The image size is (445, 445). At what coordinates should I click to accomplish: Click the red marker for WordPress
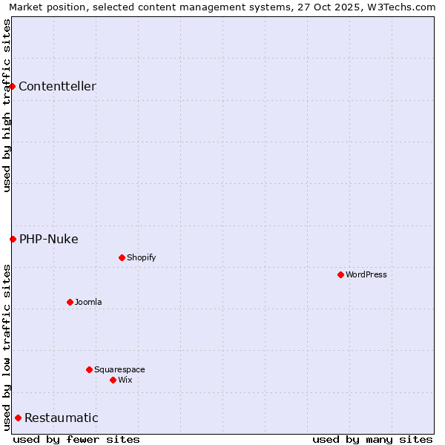tap(340, 274)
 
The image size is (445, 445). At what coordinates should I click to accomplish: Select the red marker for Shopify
tap(122, 257)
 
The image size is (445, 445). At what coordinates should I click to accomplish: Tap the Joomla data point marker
tap(70, 302)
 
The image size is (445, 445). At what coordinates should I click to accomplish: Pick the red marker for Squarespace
tap(89, 369)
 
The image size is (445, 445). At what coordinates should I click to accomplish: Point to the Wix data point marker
tap(113, 380)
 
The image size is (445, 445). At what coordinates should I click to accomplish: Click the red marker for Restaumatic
tap(18, 418)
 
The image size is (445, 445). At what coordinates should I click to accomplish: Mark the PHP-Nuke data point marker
tap(13, 239)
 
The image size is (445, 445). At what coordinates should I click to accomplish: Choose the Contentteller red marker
tap(12, 86)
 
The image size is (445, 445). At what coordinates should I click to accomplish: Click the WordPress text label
tap(366, 274)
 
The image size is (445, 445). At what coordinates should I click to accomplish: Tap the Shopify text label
tap(141, 257)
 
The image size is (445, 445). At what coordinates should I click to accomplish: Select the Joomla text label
tap(88, 302)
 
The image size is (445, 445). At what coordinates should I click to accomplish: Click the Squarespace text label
tap(119, 369)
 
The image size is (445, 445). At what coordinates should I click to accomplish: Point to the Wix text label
tap(125, 380)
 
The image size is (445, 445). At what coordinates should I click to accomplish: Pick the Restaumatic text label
tap(62, 418)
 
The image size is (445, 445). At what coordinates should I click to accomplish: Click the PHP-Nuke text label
tap(49, 239)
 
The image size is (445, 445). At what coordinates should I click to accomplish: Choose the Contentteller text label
tap(57, 86)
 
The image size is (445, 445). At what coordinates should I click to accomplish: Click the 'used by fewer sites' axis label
tap(76, 439)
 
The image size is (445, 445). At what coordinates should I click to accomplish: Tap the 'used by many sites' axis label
tap(372, 439)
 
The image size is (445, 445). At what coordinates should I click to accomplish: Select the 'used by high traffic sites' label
tap(7, 105)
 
